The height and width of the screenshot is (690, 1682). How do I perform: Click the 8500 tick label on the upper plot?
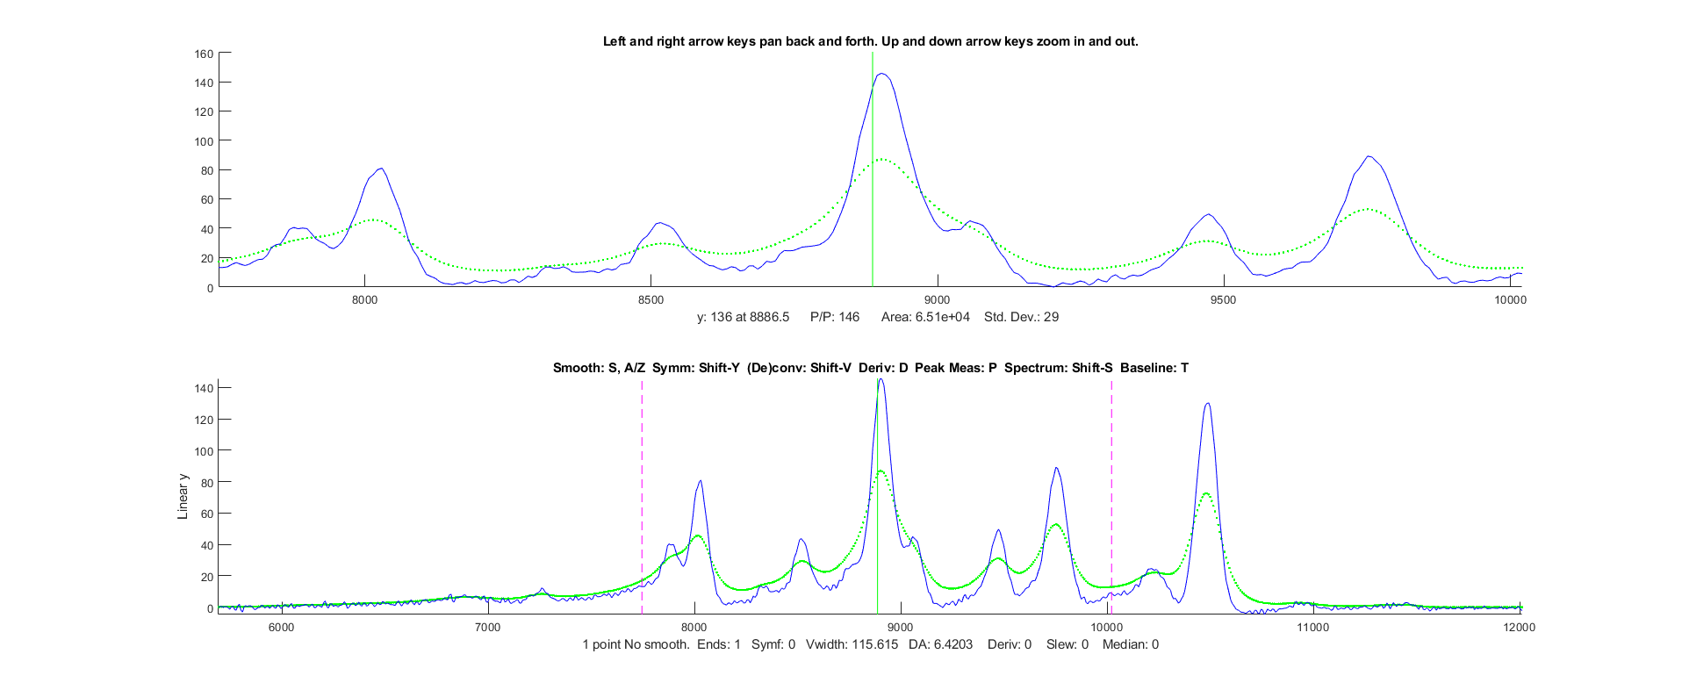[x=651, y=300]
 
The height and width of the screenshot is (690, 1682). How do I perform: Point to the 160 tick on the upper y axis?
[x=204, y=54]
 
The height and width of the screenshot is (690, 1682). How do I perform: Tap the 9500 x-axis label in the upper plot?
[x=1223, y=300]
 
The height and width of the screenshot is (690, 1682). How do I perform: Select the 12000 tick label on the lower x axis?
[x=1519, y=627]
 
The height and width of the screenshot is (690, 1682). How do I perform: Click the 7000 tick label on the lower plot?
[x=487, y=627]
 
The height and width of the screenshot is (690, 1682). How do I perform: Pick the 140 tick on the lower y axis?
[x=204, y=388]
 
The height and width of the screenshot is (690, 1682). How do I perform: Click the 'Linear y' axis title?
[x=183, y=497]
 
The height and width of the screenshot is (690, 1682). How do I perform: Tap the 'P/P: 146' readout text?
[x=834, y=317]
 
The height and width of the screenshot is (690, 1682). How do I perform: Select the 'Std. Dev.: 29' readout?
[x=1021, y=317]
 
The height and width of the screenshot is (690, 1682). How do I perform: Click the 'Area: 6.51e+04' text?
[x=925, y=317]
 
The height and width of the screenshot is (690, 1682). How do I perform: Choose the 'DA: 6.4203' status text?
[x=940, y=644]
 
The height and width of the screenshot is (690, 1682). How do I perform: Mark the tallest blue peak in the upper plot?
[x=881, y=75]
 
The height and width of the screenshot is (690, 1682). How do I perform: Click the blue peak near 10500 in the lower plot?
[x=1208, y=404]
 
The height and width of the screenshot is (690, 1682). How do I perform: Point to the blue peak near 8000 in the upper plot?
[x=380, y=169]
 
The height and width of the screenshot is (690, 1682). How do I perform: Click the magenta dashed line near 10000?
[x=1111, y=492]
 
